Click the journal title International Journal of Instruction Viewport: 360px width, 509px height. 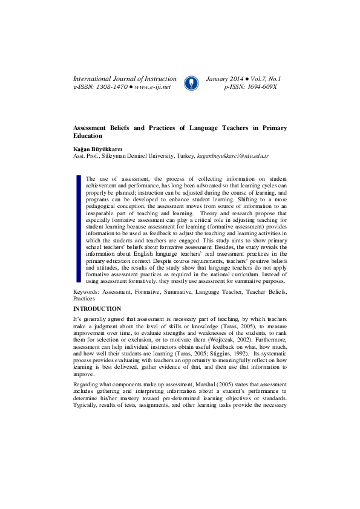coord(125,79)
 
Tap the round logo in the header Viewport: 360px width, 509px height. coord(191,83)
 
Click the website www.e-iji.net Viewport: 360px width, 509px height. coord(153,87)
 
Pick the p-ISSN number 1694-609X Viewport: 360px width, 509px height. coord(259,87)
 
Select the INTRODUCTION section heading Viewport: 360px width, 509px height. coord(97,308)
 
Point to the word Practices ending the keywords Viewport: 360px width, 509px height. coord(84,299)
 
